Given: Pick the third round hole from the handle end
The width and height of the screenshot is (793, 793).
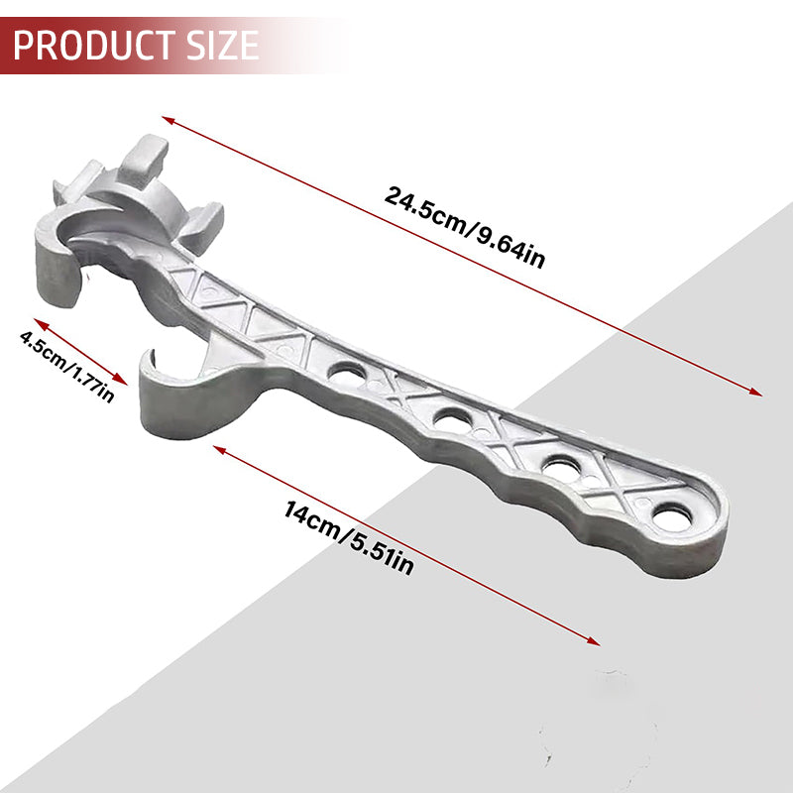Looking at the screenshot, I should click(453, 416).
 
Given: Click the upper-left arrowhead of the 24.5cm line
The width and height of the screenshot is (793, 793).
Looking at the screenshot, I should click(168, 120).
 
